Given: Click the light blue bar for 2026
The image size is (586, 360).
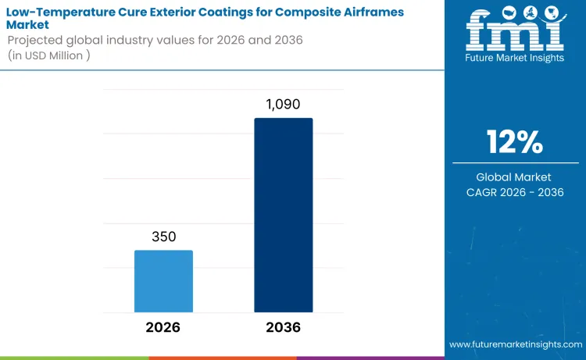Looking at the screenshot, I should [163, 281].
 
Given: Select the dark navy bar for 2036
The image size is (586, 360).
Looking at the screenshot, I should [284, 215].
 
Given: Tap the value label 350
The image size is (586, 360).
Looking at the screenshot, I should [163, 237].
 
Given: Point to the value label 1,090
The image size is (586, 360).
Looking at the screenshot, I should [284, 104].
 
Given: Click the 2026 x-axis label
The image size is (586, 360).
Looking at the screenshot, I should [163, 327].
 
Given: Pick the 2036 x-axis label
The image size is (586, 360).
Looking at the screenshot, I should [283, 327].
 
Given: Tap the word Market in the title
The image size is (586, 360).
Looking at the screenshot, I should [28, 25].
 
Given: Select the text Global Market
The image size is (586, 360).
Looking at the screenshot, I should [515, 177].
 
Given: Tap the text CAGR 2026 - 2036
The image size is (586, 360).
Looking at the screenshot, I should [515, 192].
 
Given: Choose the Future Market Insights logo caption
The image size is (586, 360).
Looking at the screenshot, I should [514, 58].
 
